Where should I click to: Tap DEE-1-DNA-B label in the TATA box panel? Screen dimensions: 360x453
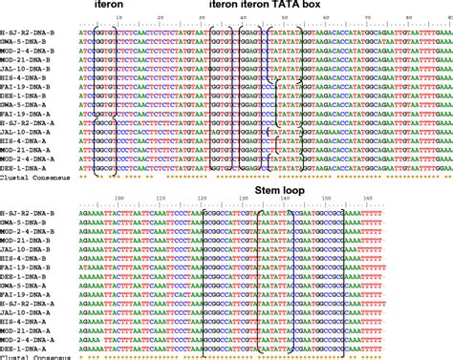point(25,95)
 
